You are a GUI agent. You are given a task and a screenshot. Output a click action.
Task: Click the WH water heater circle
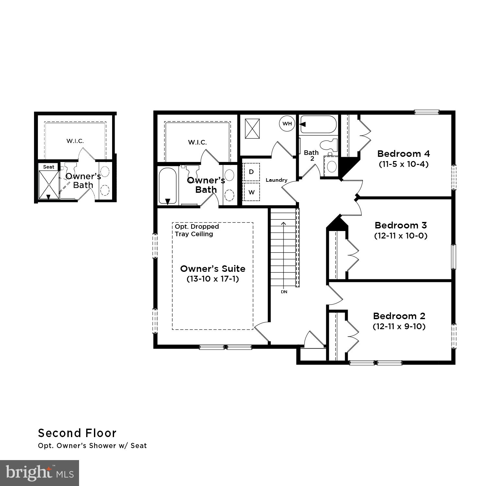click(287, 123)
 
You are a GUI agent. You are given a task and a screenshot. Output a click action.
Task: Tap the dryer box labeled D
click(251, 172)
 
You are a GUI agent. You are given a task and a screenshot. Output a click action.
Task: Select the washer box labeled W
click(251, 192)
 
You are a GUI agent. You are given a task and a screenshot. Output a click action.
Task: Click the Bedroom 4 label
click(403, 154)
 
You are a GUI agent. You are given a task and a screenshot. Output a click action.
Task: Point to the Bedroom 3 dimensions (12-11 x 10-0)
click(401, 236)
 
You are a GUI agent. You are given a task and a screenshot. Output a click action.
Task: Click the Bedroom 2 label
click(399, 316)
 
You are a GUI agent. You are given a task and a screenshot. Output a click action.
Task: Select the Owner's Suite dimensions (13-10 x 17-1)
click(213, 279)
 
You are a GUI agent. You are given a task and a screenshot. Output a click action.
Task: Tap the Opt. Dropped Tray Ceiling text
click(197, 230)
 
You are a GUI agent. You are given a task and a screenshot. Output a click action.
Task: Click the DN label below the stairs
click(284, 292)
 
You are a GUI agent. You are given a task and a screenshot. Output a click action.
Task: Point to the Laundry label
click(276, 180)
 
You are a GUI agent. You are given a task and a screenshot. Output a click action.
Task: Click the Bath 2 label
click(311, 155)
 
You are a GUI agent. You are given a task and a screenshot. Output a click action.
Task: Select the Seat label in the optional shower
click(49, 167)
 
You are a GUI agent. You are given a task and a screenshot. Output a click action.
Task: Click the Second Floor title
click(77, 433)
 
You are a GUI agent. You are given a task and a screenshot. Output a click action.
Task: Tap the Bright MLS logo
click(40, 473)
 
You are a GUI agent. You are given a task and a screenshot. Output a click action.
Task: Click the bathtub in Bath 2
click(318, 124)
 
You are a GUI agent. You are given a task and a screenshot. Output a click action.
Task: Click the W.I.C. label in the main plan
click(197, 142)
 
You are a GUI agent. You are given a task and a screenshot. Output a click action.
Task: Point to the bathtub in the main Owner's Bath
click(168, 186)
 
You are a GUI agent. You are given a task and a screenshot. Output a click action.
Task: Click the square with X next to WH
click(252, 129)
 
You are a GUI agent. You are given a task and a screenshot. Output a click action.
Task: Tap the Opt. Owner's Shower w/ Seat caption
click(92, 446)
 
